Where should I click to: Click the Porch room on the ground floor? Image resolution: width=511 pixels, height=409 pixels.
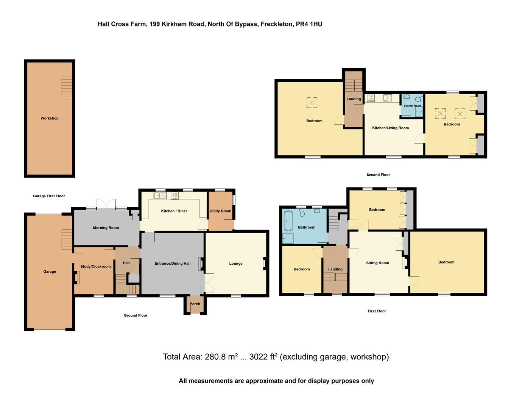[195, 304]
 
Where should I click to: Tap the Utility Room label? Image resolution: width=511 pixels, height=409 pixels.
[220, 211]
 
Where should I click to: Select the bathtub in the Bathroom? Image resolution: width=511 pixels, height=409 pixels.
[288, 221]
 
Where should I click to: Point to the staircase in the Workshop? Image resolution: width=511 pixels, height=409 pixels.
[67, 87]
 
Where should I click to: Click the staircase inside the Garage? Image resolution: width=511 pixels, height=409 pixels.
[67, 239]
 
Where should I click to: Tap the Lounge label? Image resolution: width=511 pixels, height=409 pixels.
[236, 264]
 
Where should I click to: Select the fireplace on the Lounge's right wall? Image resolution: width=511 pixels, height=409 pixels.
[263, 264]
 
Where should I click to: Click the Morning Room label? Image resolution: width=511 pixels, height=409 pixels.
[106, 228]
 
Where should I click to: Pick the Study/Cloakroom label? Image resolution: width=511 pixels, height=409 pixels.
[96, 267]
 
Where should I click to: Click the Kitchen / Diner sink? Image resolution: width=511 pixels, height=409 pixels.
[160, 195]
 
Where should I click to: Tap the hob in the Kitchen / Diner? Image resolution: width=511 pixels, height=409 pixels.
[174, 195]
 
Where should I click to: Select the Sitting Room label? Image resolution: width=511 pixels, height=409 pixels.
[377, 263]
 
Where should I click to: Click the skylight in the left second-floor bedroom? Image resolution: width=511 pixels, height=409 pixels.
[312, 102]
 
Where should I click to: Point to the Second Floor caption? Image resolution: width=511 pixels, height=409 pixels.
[378, 175]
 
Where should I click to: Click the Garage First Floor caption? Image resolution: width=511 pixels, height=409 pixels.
[49, 196]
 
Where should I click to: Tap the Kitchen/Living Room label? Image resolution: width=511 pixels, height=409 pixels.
[390, 128]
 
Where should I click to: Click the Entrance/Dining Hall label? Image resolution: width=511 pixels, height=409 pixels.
[172, 264]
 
